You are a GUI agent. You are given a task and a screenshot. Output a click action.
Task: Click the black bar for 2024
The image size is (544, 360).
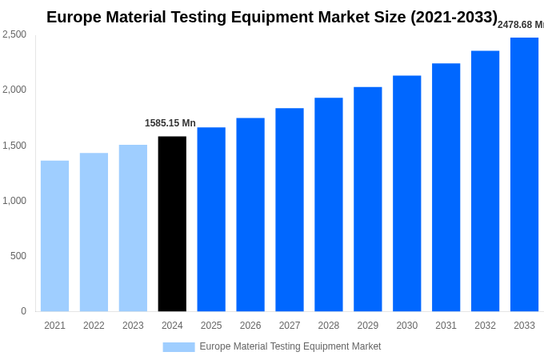[x=172, y=224]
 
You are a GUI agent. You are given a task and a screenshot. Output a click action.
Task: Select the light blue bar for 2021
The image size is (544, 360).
[x=54, y=236]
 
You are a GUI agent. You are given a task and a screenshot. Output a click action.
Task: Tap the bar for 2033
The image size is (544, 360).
[x=524, y=174]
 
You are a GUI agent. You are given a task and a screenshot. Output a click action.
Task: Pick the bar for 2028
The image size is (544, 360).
[x=328, y=205]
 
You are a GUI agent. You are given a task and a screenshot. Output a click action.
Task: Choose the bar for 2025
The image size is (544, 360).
[x=211, y=219]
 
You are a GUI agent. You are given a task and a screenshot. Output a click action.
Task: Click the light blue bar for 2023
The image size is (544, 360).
[x=133, y=228]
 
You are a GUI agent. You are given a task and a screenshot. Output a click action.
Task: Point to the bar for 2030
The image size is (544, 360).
[x=406, y=194]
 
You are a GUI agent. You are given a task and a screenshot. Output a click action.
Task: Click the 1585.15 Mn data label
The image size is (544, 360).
[x=170, y=123]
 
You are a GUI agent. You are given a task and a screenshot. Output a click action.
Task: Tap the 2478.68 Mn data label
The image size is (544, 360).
[x=520, y=25]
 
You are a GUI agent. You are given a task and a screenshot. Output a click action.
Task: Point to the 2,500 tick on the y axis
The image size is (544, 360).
[x=14, y=34]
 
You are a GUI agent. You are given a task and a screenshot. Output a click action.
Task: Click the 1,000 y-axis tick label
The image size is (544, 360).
[x=14, y=201]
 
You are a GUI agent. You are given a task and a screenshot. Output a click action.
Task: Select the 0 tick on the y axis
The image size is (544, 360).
[x=23, y=311]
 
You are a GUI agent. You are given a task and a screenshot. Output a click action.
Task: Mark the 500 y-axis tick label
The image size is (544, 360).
[x=18, y=256]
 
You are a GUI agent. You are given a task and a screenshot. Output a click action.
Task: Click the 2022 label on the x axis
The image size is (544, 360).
[x=94, y=326]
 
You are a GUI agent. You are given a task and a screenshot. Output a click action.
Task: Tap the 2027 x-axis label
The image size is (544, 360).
[x=290, y=326]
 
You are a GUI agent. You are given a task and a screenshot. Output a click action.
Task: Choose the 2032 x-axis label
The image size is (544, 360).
[x=485, y=326]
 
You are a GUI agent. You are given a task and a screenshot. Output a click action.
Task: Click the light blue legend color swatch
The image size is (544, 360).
[x=178, y=347]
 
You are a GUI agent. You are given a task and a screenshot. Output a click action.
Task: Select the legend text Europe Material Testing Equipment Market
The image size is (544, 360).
[x=290, y=346]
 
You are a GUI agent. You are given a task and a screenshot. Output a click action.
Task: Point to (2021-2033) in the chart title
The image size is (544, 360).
[x=454, y=17]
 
